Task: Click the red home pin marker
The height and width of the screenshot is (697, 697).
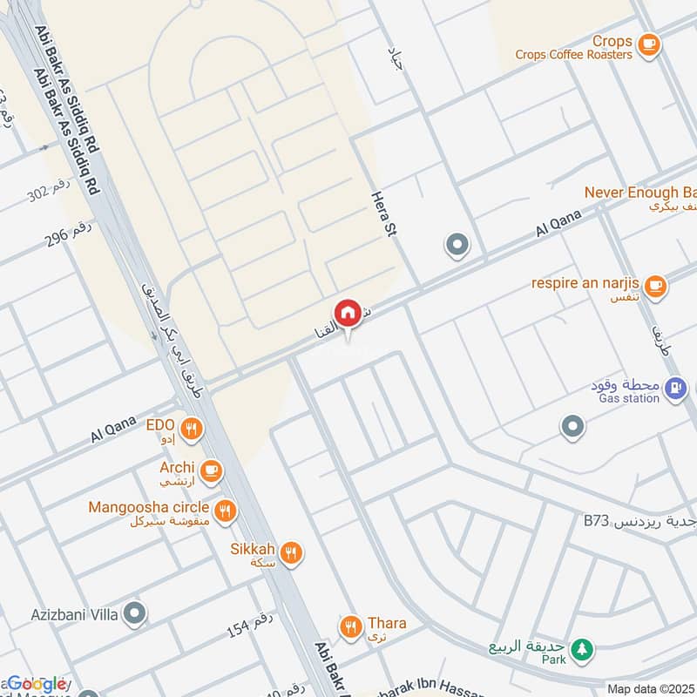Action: (347, 313)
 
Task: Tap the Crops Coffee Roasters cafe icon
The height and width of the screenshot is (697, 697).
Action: (647, 44)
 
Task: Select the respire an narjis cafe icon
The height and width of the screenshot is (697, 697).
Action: (655, 284)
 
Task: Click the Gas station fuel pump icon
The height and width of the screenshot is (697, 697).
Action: (673, 389)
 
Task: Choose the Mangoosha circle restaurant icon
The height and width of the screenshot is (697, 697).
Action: (226, 510)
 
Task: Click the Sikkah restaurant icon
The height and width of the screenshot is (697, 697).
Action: (291, 552)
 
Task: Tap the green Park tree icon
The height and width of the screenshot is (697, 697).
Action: (585, 649)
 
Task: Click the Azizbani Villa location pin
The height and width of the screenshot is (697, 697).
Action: (134, 614)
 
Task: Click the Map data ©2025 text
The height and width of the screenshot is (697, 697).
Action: (650, 689)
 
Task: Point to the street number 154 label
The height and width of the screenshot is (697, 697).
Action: (250, 626)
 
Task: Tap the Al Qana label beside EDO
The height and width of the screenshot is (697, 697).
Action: (114, 430)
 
